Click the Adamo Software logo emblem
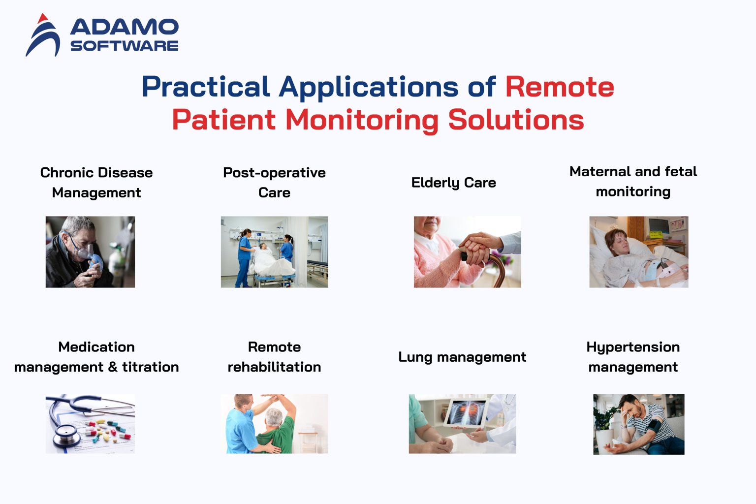pos(43,35)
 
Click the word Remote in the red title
pos(560,87)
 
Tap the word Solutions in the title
pos(516,120)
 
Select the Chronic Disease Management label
pos(96,183)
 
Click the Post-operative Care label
pos(274,183)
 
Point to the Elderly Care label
pos(453,183)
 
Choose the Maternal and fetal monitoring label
pos(633,182)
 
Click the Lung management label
pos(462,357)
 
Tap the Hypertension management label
pos(633,357)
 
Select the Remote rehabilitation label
pos(274,357)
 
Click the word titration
pos(151,367)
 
